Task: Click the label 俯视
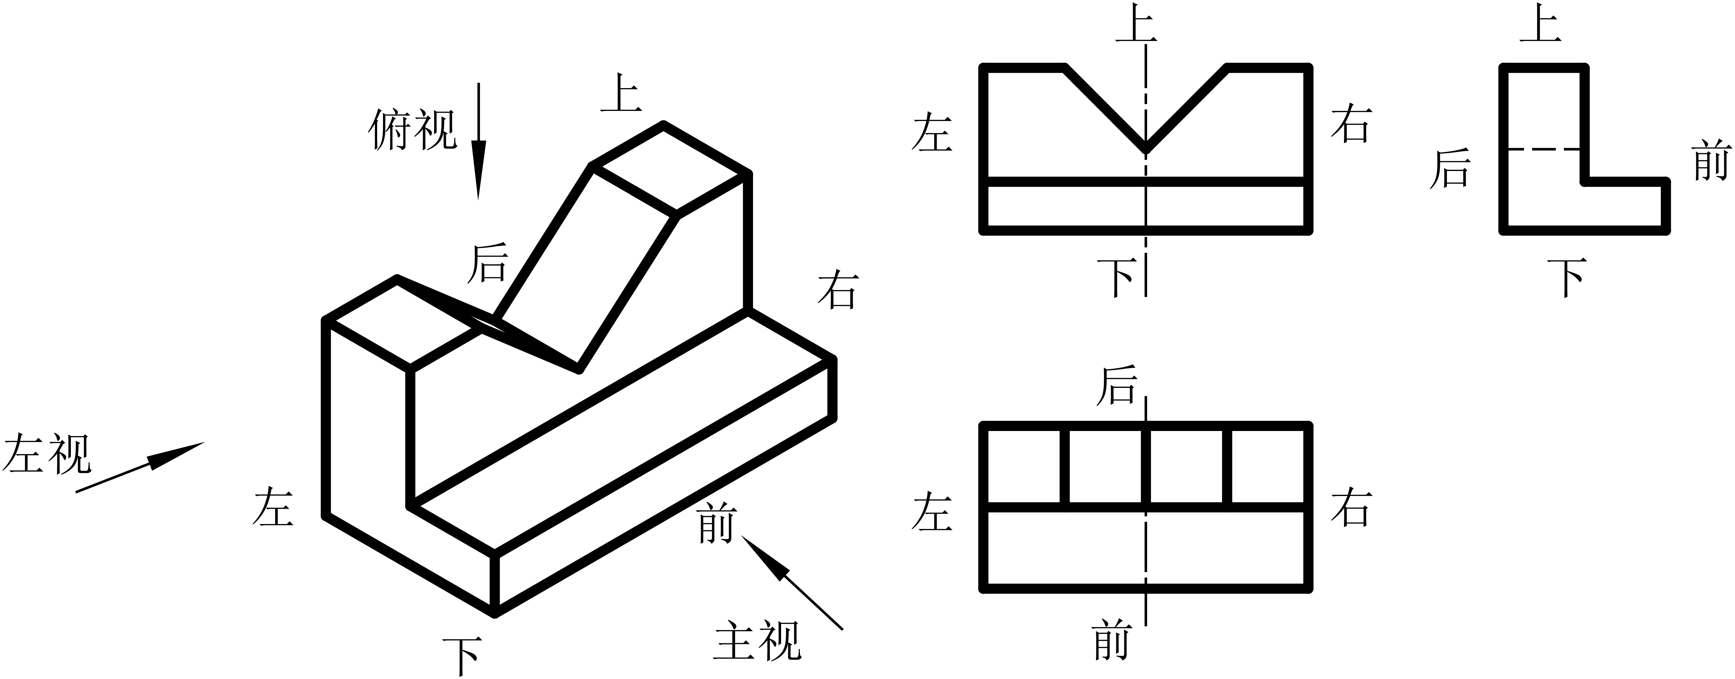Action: [412, 130]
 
